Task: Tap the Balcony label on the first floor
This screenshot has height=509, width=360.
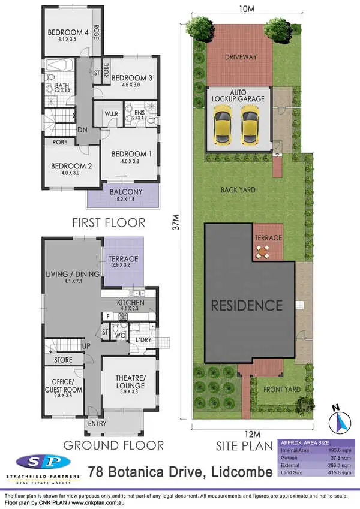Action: point(123,192)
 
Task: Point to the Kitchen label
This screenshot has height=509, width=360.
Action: point(128,303)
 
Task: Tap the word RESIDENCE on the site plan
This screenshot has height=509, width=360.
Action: point(247,305)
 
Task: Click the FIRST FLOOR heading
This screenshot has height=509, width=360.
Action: point(109,222)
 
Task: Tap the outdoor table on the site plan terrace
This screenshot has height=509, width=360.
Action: point(262,252)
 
